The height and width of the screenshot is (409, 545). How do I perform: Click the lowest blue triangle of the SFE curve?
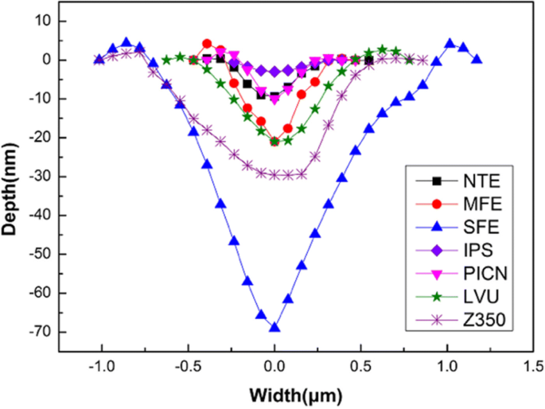[x=274, y=327]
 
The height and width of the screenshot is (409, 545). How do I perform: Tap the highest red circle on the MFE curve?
[x=207, y=44]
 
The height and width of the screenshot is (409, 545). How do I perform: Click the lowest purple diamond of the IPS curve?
[x=274, y=72]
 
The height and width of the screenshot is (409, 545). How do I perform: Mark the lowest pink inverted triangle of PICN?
[x=274, y=100]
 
